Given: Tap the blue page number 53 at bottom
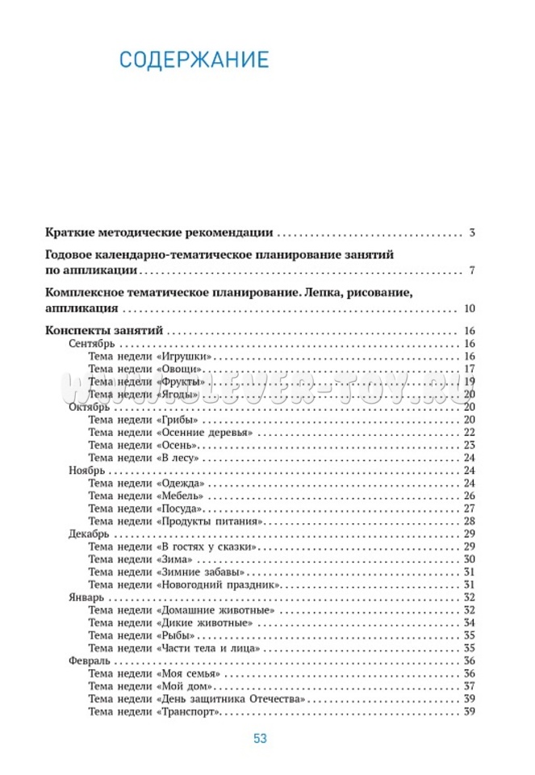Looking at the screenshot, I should [260, 738].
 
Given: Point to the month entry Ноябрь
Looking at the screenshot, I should [86, 470].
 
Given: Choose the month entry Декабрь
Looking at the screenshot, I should [89, 534].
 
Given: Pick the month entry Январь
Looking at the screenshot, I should [86, 597].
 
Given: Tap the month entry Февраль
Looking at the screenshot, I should [89, 660].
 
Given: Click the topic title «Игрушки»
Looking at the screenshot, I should [186, 357].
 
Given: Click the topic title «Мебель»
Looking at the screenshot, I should [182, 496].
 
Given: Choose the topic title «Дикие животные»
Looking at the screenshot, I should [209, 622].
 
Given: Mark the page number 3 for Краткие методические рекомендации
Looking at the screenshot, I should [471, 233].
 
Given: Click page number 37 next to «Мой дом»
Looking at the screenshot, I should [469, 685].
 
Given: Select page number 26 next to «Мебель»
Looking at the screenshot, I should [469, 496].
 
